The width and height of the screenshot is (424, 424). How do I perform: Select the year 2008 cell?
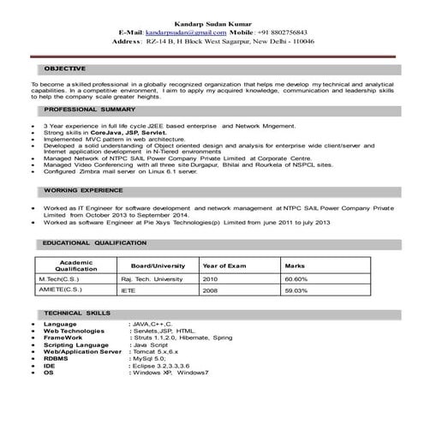211,291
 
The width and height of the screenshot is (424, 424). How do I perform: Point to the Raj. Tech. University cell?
152,279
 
